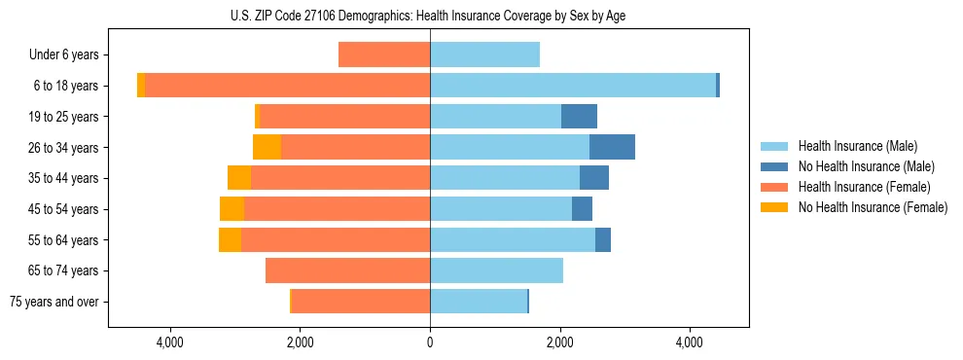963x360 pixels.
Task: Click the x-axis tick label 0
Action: pos(430,342)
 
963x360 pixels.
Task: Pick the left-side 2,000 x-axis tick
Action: pos(300,342)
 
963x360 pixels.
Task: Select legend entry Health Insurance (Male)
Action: pos(857,146)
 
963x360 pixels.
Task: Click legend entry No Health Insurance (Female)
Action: pos(873,207)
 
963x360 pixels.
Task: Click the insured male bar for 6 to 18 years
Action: pos(573,86)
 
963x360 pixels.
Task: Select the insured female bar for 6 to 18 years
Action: pos(287,86)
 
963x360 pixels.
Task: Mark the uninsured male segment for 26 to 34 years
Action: pos(612,147)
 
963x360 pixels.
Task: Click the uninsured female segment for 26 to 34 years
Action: pos(267,147)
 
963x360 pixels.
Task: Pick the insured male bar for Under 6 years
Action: pos(484,54)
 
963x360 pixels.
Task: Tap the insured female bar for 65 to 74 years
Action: pos(347,270)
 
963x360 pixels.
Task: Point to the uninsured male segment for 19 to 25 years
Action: pos(579,117)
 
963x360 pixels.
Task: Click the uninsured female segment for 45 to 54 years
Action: pos(232,209)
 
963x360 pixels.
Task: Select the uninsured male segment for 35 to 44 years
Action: pos(594,178)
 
